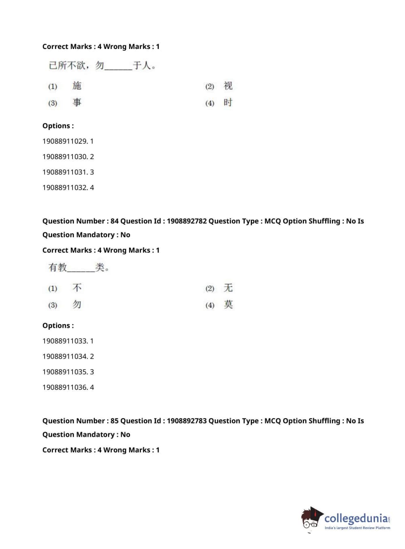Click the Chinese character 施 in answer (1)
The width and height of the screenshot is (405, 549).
[x=77, y=86]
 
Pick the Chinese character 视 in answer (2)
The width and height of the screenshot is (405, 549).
[x=228, y=86]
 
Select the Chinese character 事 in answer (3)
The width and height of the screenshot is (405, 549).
[x=77, y=102]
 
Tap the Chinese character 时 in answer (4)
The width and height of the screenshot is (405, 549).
[x=228, y=102]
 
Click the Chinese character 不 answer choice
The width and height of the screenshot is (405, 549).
[x=77, y=288]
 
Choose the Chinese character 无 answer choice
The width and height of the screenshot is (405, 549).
[x=228, y=288]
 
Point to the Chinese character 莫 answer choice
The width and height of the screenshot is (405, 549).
[x=228, y=304]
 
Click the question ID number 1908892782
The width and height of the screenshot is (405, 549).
[x=187, y=221]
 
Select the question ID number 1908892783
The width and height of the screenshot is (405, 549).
[x=187, y=421]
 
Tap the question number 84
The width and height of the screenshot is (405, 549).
[x=115, y=221]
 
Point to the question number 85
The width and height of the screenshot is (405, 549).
[x=115, y=421]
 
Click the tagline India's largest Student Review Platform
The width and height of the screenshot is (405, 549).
[x=357, y=528]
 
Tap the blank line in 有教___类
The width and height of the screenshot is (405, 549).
[x=81, y=270]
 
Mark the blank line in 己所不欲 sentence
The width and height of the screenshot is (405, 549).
[x=118, y=68]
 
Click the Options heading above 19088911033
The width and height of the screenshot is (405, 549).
[x=58, y=326]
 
